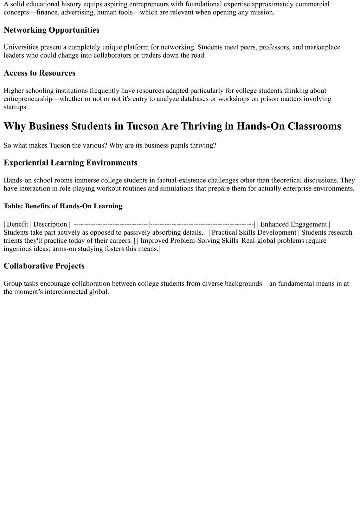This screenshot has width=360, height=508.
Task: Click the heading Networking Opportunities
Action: (x=51, y=30)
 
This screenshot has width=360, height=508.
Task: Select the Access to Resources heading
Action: (x=39, y=73)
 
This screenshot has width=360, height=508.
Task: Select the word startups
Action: (x=15, y=107)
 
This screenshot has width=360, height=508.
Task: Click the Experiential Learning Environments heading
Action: (x=70, y=163)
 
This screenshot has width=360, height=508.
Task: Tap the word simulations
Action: (x=176, y=188)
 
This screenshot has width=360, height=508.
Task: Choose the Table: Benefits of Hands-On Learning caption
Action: (x=63, y=206)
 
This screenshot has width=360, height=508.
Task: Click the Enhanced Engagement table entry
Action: (x=294, y=224)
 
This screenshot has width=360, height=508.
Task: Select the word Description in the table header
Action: (x=50, y=224)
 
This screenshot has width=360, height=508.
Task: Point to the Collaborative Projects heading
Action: (x=44, y=266)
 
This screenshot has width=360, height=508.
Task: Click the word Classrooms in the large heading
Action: (x=314, y=126)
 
